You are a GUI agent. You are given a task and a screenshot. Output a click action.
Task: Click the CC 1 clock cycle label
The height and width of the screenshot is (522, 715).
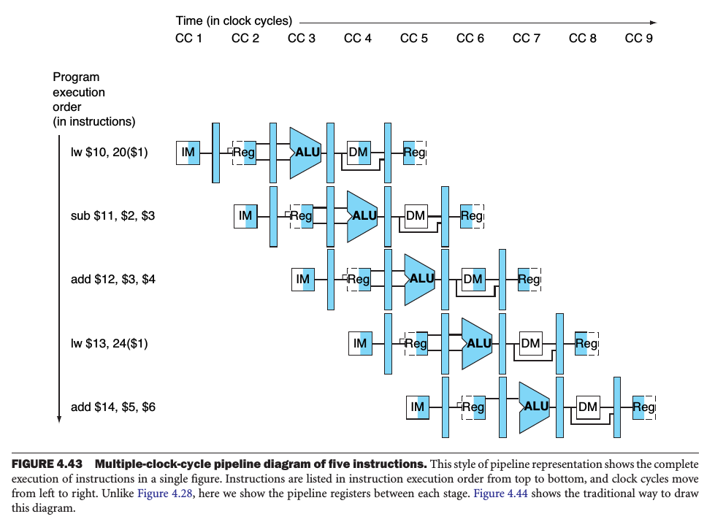(189, 38)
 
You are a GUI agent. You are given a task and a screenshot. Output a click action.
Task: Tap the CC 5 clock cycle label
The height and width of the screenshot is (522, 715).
(414, 38)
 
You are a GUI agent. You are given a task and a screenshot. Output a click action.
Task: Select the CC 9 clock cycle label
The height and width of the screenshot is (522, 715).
(639, 38)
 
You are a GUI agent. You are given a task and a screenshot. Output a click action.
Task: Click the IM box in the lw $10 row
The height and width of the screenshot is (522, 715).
(188, 153)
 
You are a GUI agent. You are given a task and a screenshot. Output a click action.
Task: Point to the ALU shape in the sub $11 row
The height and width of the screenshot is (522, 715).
(362, 216)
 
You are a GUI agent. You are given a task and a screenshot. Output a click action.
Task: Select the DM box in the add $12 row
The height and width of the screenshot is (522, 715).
(473, 280)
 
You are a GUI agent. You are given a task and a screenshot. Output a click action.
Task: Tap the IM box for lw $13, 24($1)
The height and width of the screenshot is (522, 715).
(360, 343)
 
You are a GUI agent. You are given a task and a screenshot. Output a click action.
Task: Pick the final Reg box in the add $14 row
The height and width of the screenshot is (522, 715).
(643, 407)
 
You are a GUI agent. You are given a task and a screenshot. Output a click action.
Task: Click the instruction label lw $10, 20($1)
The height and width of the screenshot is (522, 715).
(110, 153)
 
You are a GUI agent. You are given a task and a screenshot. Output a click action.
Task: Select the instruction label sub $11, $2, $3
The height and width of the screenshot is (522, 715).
(113, 216)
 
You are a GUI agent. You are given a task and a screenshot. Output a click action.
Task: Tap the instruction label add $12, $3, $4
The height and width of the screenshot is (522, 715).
(113, 280)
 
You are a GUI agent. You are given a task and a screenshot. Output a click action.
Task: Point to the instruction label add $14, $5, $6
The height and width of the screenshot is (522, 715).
(113, 407)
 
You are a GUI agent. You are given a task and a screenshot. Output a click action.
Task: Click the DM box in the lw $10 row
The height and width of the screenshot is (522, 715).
(358, 152)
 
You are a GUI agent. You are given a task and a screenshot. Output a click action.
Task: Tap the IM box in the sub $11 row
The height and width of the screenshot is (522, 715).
(245, 216)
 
